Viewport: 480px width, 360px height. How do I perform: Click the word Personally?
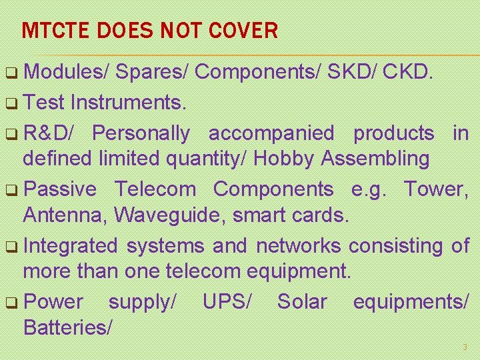[141, 133]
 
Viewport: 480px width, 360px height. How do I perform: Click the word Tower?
[435, 189]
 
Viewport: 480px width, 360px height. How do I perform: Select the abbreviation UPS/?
[227, 301]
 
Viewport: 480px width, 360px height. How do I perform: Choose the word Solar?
[302, 301]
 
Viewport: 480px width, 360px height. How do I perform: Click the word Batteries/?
[68, 327]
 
